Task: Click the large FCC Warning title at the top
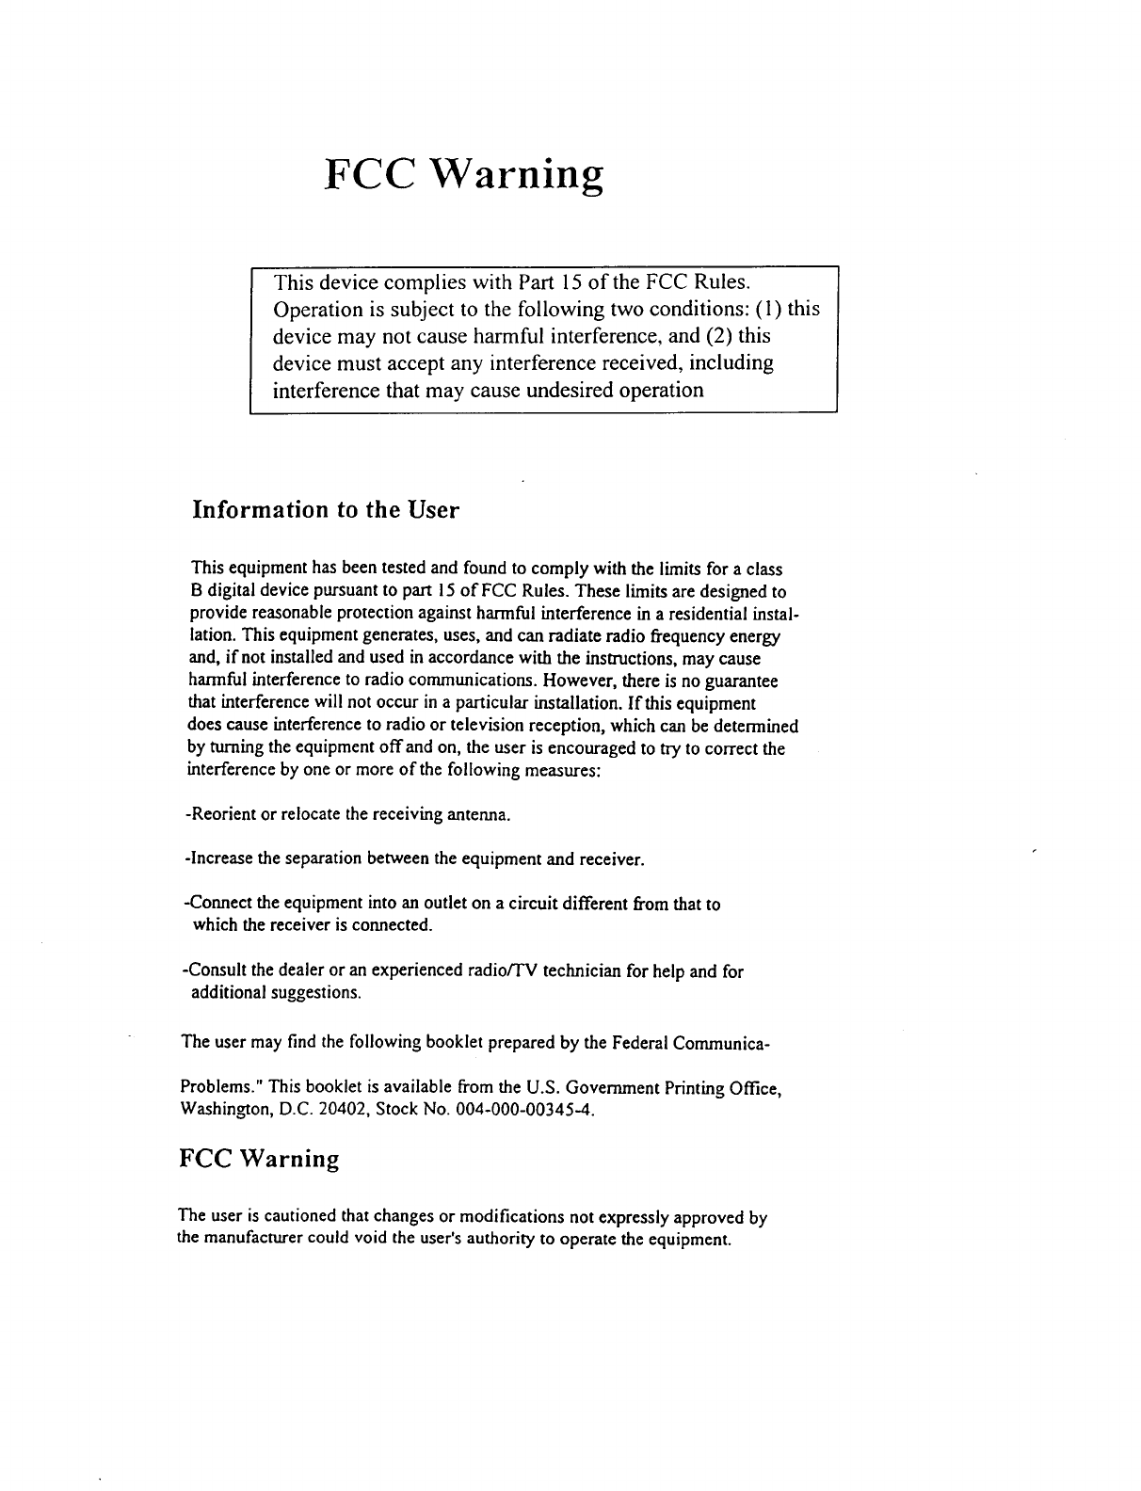(x=462, y=174)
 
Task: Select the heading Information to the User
(x=325, y=510)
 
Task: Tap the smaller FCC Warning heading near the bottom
(x=258, y=1158)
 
